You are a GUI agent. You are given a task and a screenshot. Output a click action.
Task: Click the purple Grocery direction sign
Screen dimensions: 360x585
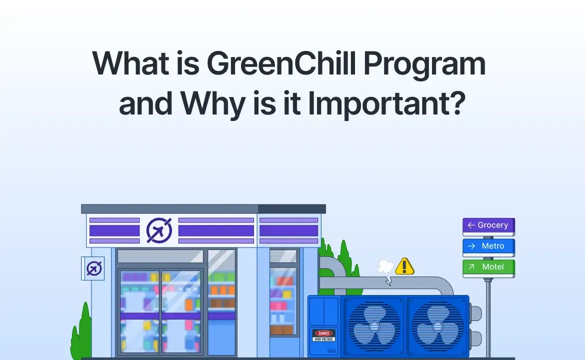488,225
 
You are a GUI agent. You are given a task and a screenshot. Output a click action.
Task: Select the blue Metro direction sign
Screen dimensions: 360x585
488,246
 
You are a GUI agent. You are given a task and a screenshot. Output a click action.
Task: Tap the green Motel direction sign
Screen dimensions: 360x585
488,267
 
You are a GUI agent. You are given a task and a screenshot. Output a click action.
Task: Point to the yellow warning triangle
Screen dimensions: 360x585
404,266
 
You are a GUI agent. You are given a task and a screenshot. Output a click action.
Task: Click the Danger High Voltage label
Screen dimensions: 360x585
324,335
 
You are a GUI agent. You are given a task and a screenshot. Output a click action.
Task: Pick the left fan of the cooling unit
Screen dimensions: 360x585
373,326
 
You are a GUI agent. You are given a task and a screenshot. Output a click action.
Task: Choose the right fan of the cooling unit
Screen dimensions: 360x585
437,326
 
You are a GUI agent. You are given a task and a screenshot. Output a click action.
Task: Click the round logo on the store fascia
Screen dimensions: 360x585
159,230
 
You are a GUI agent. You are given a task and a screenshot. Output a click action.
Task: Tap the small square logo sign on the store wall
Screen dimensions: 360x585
93,268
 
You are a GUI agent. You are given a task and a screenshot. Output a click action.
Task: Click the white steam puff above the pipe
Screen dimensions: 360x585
385,267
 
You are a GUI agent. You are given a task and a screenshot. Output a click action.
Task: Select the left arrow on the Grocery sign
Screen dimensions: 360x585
470,225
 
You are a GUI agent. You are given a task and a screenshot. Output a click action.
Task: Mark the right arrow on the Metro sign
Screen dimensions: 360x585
470,246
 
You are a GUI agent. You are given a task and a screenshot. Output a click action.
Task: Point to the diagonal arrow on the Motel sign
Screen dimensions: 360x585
470,267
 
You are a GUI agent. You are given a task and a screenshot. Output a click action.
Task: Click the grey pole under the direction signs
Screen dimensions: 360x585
488,315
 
